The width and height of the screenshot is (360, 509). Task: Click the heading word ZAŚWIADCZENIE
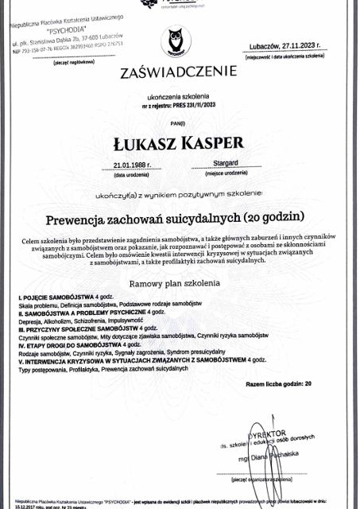(x=178, y=74)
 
